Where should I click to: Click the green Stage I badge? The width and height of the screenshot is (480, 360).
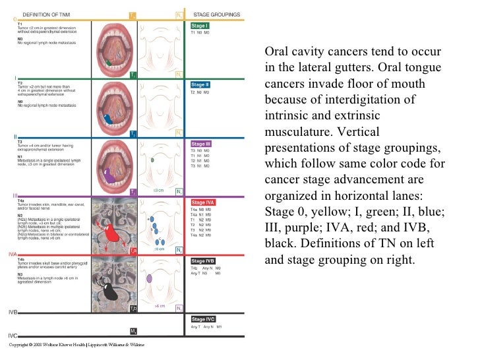[x=200, y=25]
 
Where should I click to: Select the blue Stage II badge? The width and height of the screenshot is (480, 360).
[x=200, y=84]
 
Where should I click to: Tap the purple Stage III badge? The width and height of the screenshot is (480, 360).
[x=201, y=144]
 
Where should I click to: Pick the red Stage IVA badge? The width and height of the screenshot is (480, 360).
[x=202, y=202]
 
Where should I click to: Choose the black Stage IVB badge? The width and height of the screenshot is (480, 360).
[x=202, y=260]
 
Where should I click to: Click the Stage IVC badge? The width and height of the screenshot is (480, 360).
[x=202, y=319]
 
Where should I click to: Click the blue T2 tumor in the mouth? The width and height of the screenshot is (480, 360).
[x=108, y=119]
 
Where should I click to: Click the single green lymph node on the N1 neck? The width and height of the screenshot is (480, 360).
[x=152, y=160]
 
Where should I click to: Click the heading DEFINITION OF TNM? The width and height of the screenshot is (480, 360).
[x=46, y=14]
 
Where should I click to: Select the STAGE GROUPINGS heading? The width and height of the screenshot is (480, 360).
[x=216, y=13]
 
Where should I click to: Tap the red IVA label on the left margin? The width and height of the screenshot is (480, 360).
[x=12, y=253]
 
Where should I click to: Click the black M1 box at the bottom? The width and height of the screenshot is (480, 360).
[x=133, y=330]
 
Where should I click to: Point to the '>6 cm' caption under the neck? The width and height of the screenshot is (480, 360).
[x=160, y=306]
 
